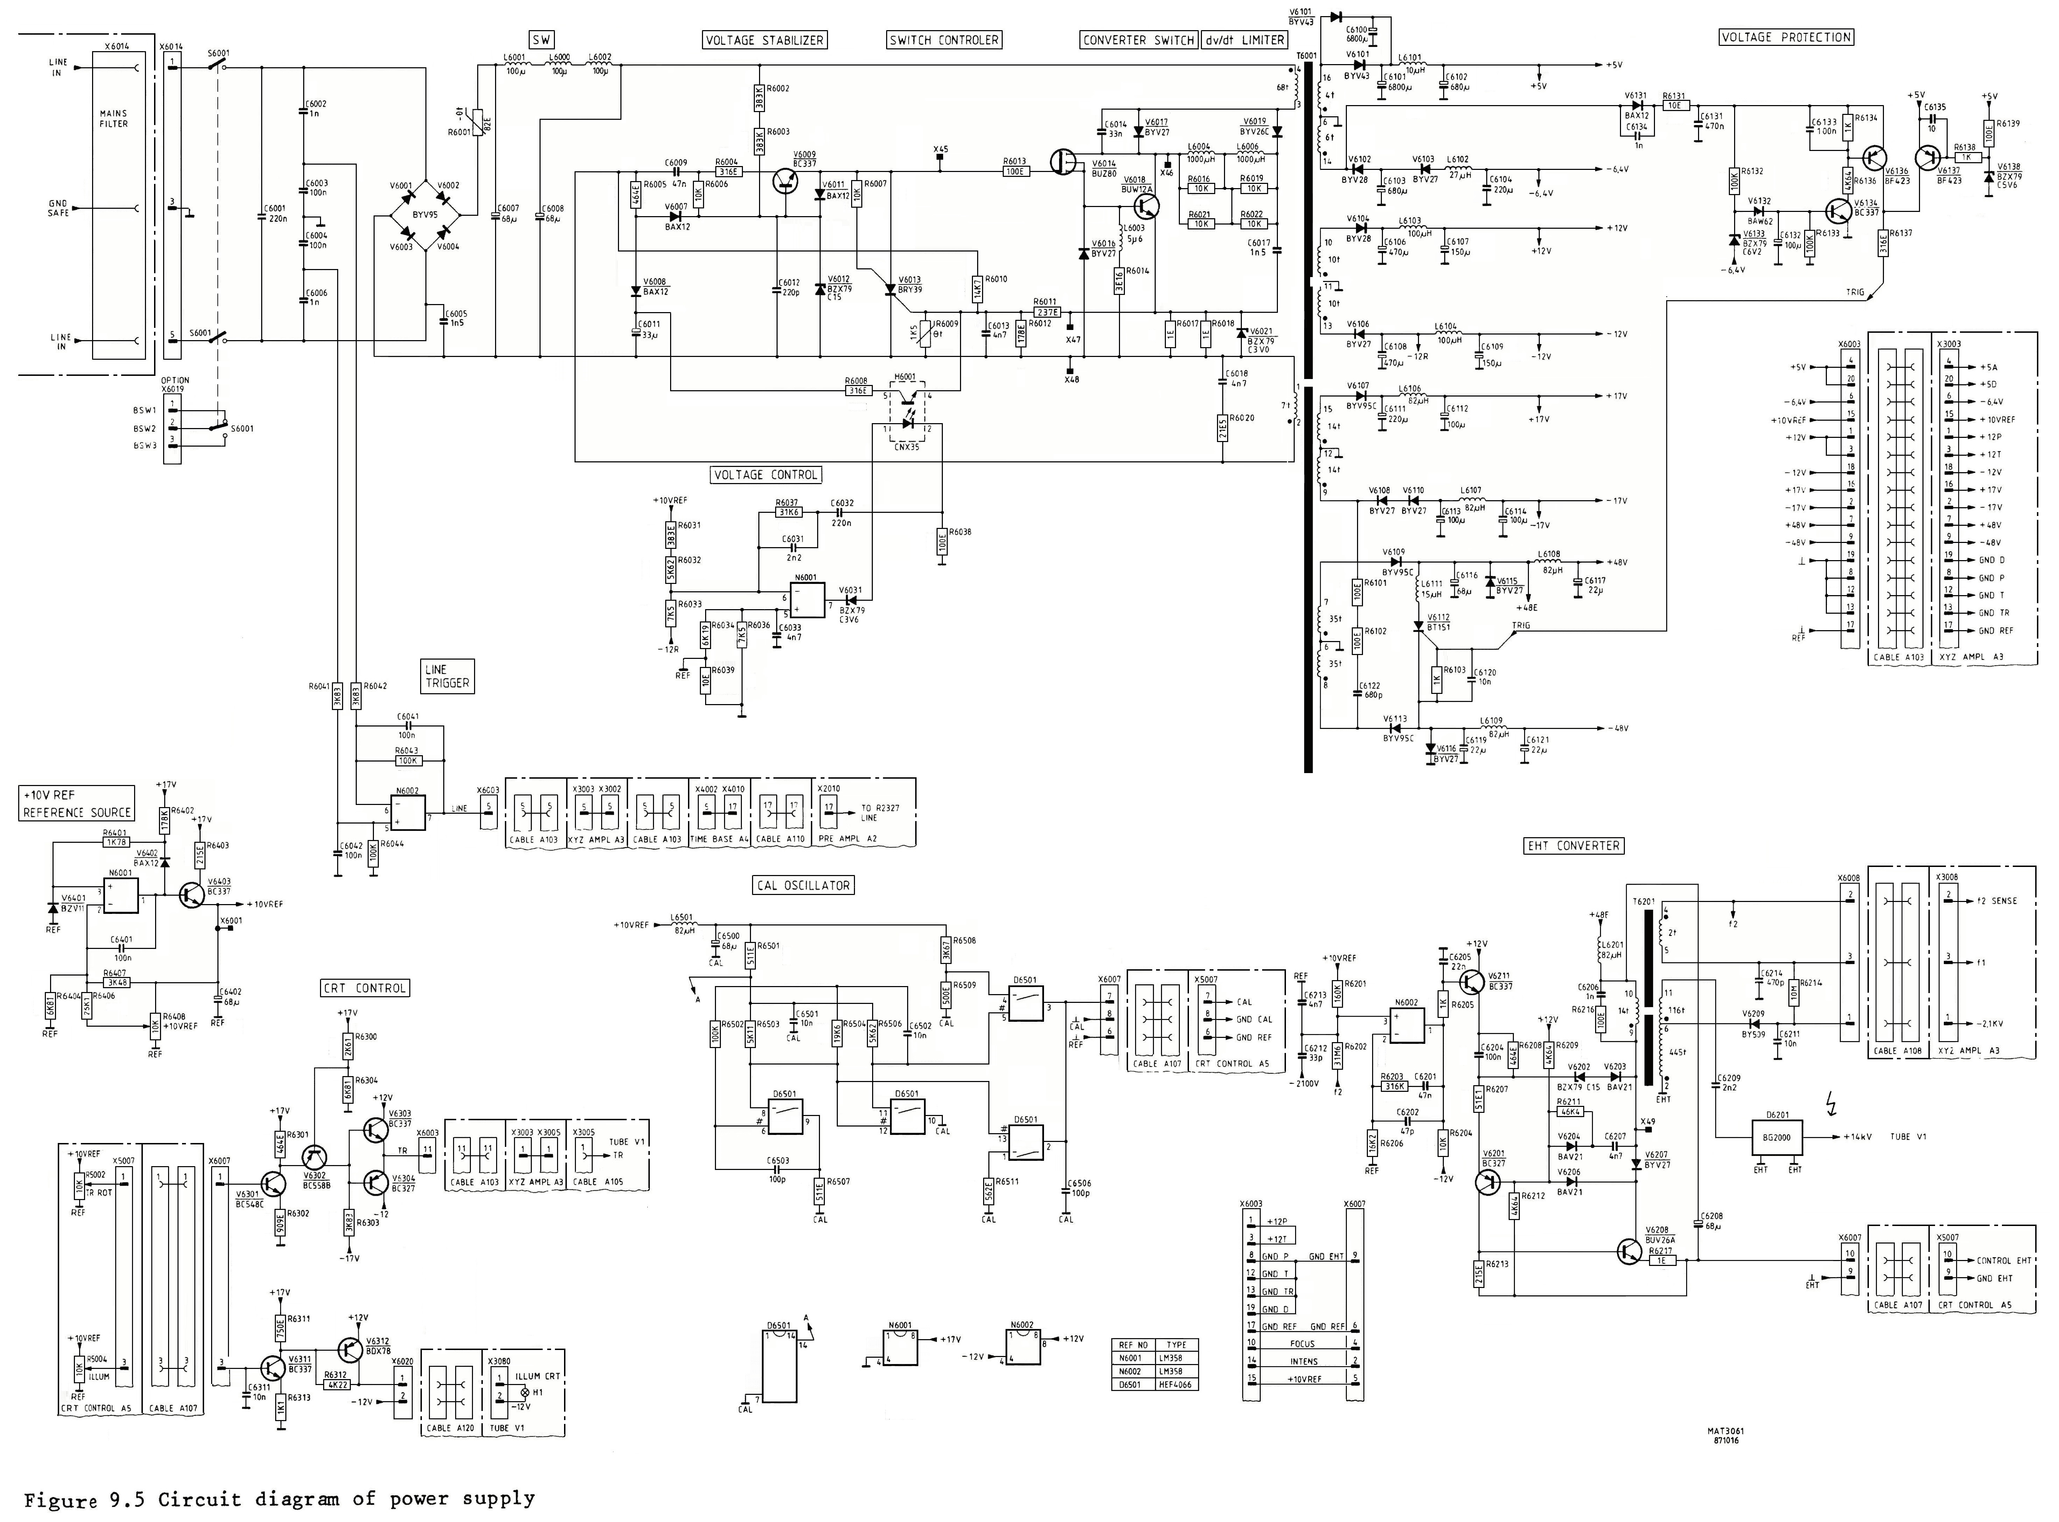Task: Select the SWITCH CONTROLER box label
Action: pos(944,40)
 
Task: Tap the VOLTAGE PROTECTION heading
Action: pos(1786,37)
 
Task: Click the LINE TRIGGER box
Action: pos(447,676)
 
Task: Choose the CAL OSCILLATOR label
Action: pos(803,886)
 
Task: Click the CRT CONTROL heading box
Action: pos(365,988)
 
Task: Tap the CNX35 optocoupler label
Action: pos(907,447)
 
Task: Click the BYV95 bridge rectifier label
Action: pos(425,215)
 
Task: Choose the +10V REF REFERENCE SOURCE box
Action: pos(77,803)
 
